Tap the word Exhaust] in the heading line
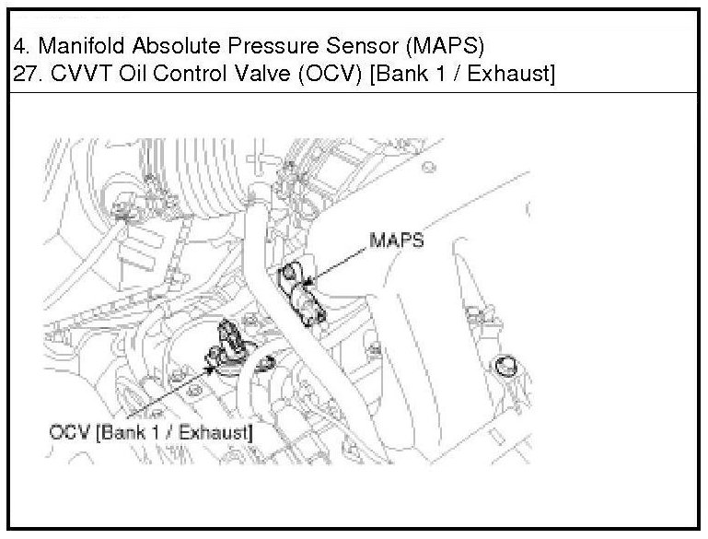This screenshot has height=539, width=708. pos(508,74)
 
